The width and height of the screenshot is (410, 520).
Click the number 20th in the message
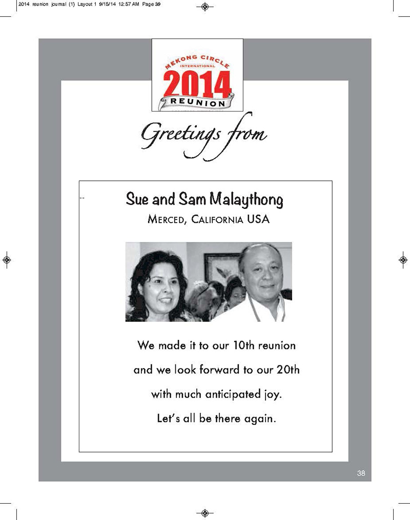(287, 370)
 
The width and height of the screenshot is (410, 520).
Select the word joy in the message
(271, 395)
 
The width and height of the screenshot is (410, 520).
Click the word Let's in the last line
(168, 419)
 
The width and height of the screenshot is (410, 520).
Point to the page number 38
(361, 473)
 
